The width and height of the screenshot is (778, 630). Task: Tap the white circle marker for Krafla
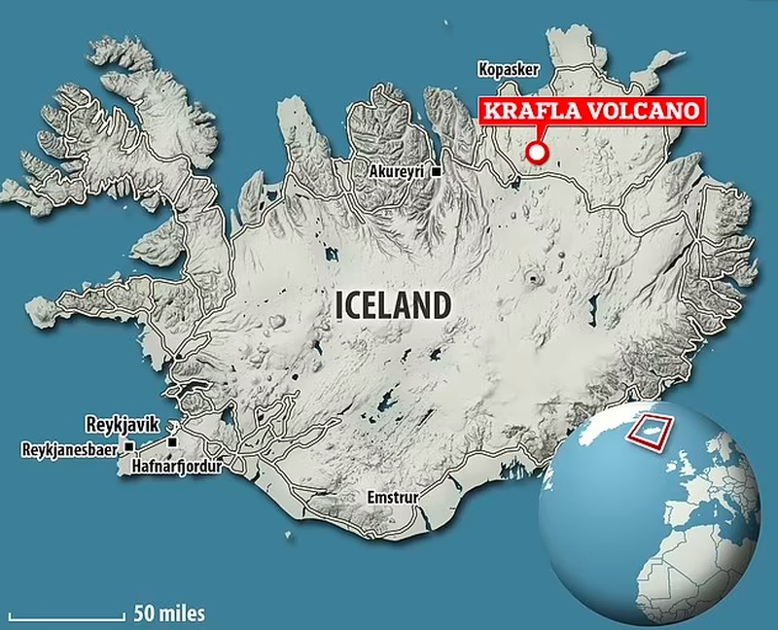[x=534, y=152]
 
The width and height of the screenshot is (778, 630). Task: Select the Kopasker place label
[x=505, y=69]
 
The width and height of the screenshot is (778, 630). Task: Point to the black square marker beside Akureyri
[x=438, y=172]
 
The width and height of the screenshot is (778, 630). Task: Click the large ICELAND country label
[x=393, y=304]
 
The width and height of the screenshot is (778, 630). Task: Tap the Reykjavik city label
[x=124, y=425]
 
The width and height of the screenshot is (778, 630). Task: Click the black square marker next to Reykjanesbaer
[x=127, y=447]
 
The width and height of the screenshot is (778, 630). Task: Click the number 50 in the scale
[x=143, y=613]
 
